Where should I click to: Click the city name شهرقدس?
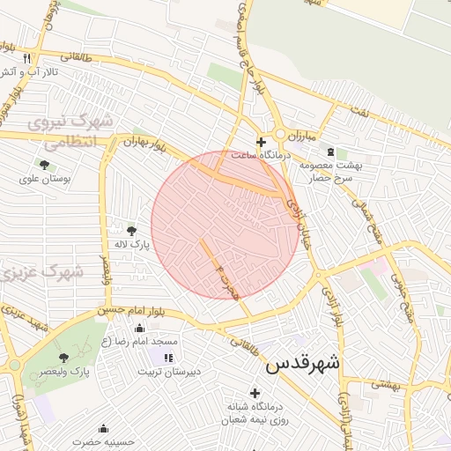[x=301, y=362]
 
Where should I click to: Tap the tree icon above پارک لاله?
[x=132, y=230]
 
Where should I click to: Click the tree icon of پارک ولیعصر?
[x=63, y=358]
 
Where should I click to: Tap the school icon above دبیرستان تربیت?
[x=167, y=357]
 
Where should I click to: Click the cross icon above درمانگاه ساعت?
[x=261, y=142]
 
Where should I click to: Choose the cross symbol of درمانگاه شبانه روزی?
[x=255, y=393]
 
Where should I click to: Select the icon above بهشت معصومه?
[x=330, y=152]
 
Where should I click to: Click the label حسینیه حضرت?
[x=101, y=440]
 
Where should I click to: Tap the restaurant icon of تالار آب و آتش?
[x=28, y=58]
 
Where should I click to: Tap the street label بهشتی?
[x=385, y=384]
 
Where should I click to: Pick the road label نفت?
[x=357, y=110]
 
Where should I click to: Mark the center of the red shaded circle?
[x=225, y=225]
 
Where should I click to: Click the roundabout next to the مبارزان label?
[x=281, y=134]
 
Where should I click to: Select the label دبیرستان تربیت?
[x=169, y=372]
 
